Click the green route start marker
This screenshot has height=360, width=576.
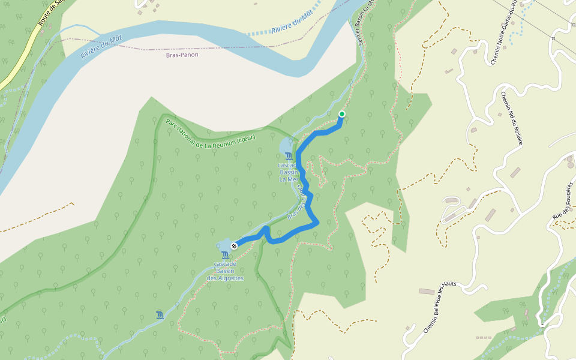pos(342,114)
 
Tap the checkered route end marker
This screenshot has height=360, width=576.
pos(234,245)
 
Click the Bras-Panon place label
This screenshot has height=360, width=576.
pos(182,55)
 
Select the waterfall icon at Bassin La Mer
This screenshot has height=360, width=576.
pos(289,156)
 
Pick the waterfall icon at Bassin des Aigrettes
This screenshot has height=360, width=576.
pos(225,256)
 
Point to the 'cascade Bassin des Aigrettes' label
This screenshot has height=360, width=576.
pos(225,271)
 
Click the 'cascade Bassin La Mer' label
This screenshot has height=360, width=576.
pos(288,171)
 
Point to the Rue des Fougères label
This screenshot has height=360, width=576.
pos(563,200)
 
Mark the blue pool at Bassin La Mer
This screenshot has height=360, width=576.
pos(286,146)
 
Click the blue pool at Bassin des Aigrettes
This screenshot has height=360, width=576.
pos(224,246)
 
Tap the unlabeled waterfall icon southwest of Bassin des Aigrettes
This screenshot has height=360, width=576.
pos(159,314)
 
